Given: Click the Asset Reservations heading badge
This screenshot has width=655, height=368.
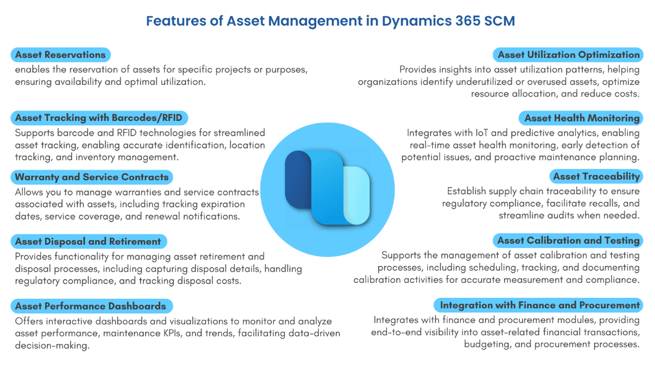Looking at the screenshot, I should click(60, 55).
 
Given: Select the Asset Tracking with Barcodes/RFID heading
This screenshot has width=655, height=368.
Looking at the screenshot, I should click(99, 118).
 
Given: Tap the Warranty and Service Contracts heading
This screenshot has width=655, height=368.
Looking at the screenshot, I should click(92, 177).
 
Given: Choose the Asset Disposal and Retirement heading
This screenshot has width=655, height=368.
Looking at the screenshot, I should click(88, 241).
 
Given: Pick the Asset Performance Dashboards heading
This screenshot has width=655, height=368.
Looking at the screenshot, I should click(90, 306).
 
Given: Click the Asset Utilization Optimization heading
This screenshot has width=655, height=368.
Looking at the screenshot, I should click(568, 55).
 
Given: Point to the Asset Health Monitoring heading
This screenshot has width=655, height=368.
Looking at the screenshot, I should click(582, 118).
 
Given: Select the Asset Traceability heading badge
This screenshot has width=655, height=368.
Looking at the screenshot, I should click(596, 177).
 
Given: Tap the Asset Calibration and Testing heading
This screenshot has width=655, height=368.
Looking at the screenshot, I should click(568, 241).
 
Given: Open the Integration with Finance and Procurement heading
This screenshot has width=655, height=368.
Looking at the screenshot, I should click(539, 305).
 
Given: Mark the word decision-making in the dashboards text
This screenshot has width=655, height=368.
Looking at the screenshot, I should click(52, 346).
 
